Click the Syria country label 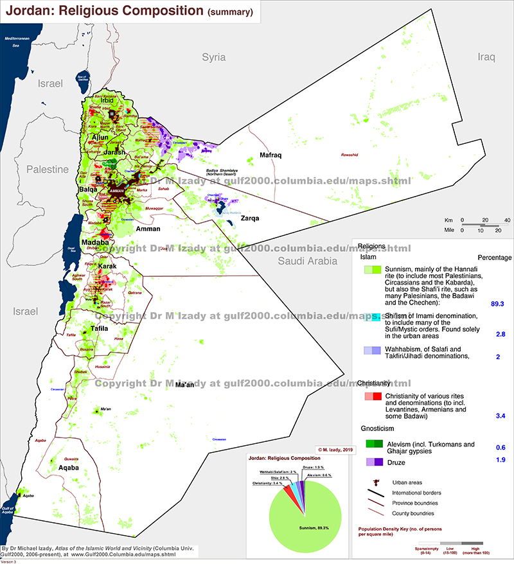pos(214,57)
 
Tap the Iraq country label pos(486,57)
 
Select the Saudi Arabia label pos(307,261)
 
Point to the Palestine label pos(47,170)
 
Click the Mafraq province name pos(271,156)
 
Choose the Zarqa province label pos(249,218)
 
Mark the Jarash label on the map pos(114,152)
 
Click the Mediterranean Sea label pos(17,42)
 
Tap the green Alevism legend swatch pos(373,444)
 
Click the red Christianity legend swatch pos(373,396)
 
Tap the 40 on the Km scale pos(507,221)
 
